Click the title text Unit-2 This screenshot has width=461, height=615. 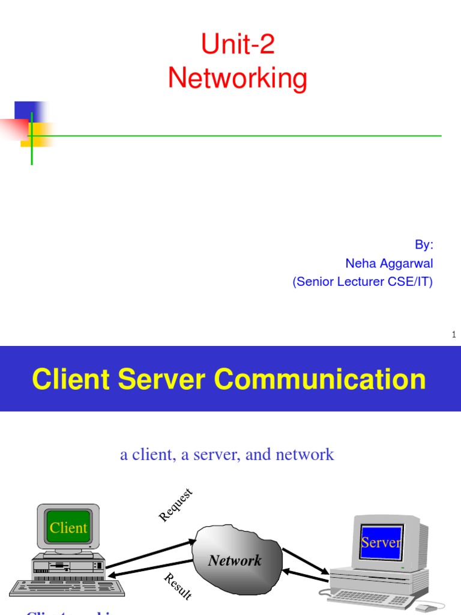click(238, 44)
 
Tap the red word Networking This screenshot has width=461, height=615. click(238, 78)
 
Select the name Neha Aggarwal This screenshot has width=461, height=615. click(389, 263)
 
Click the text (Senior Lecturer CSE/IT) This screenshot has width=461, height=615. click(363, 282)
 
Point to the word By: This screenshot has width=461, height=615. click(424, 245)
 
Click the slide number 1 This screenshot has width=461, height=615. click(454, 335)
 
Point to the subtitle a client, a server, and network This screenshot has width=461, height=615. click(227, 455)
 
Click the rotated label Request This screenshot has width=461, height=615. click(176, 505)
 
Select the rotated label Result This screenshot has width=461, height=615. click(178, 586)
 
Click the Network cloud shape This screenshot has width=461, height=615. click(236, 559)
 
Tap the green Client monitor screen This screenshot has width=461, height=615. click(68, 528)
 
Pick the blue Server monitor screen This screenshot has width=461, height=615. click(381, 542)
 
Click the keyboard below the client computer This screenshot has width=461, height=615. click(66, 587)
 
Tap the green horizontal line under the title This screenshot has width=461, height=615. click(240, 136)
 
